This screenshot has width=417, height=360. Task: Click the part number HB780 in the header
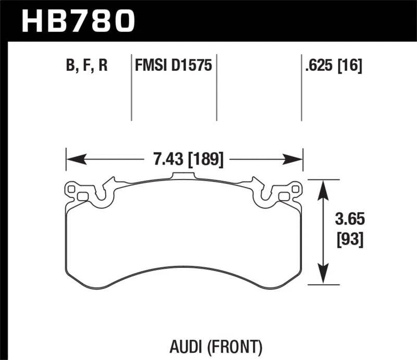[78, 21]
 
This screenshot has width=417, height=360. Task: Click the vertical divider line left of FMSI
[131, 89]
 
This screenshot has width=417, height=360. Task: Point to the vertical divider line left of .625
[301, 89]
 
